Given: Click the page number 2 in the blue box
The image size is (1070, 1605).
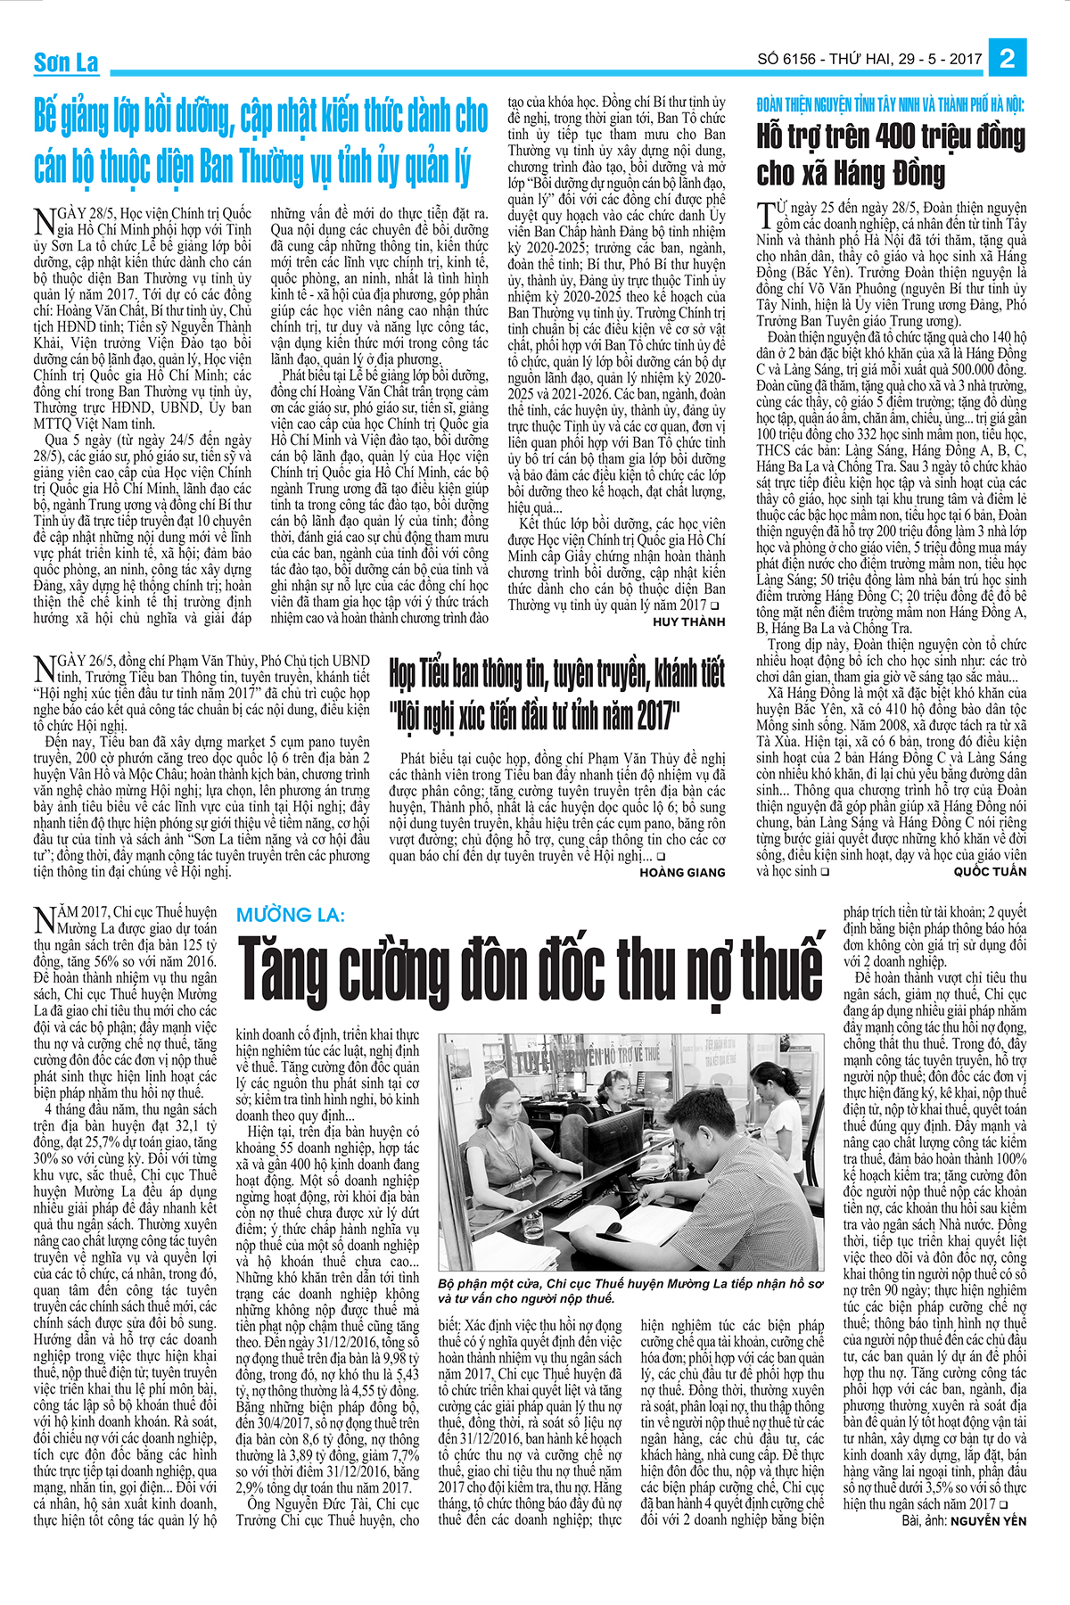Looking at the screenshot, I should [1008, 59].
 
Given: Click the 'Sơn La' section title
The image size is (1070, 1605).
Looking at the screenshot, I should [66, 62].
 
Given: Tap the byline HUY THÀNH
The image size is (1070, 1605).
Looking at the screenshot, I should [689, 621].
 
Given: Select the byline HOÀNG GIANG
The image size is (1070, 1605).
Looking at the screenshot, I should [682, 872].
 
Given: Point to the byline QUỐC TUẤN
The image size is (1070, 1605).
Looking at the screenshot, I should [990, 871].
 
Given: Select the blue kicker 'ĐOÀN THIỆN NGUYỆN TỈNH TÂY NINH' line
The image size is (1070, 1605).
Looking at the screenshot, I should [890, 105].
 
